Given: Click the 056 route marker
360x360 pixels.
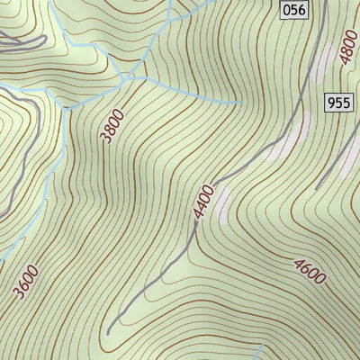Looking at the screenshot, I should pos(292,10).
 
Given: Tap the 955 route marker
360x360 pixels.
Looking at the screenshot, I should pos(338,103).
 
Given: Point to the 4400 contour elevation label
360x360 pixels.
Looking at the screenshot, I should pos(202,201).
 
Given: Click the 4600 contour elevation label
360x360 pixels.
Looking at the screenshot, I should pos(309,269).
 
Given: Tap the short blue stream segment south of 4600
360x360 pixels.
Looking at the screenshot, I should pos(258,351).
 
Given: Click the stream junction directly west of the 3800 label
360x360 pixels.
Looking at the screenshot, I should pos(64,105).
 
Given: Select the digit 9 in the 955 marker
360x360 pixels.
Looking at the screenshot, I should pos(331,103).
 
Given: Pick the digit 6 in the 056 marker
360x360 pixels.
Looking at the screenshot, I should pos(300,10).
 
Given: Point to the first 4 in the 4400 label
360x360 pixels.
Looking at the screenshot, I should pos(195,214).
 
